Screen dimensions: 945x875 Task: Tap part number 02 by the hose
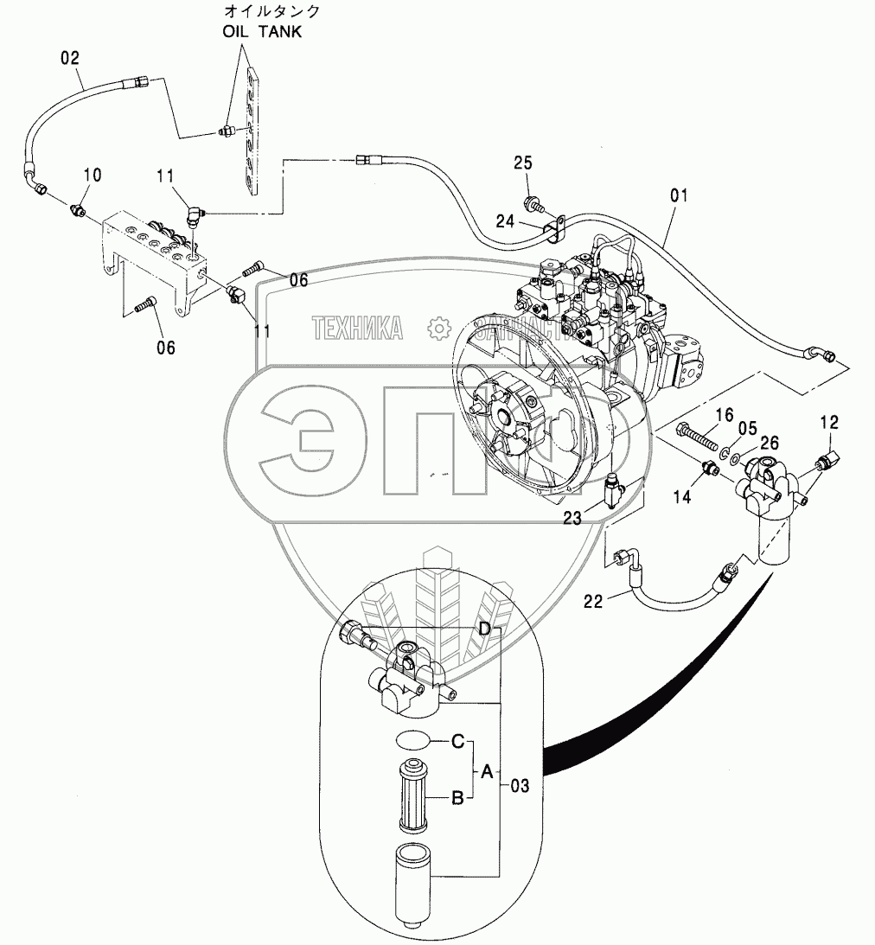(70, 59)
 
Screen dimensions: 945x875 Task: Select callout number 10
(92, 175)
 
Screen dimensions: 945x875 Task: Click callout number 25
(523, 163)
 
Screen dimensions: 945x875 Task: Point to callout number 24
(506, 221)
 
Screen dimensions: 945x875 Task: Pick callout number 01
(679, 196)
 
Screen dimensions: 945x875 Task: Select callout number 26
(768, 441)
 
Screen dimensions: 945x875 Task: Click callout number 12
(829, 422)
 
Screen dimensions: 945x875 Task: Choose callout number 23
(572, 519)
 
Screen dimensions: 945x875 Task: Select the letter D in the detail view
(485, 629)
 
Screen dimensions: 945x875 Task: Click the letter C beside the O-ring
(459, 741)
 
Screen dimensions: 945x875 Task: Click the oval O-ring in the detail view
(411, 741)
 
